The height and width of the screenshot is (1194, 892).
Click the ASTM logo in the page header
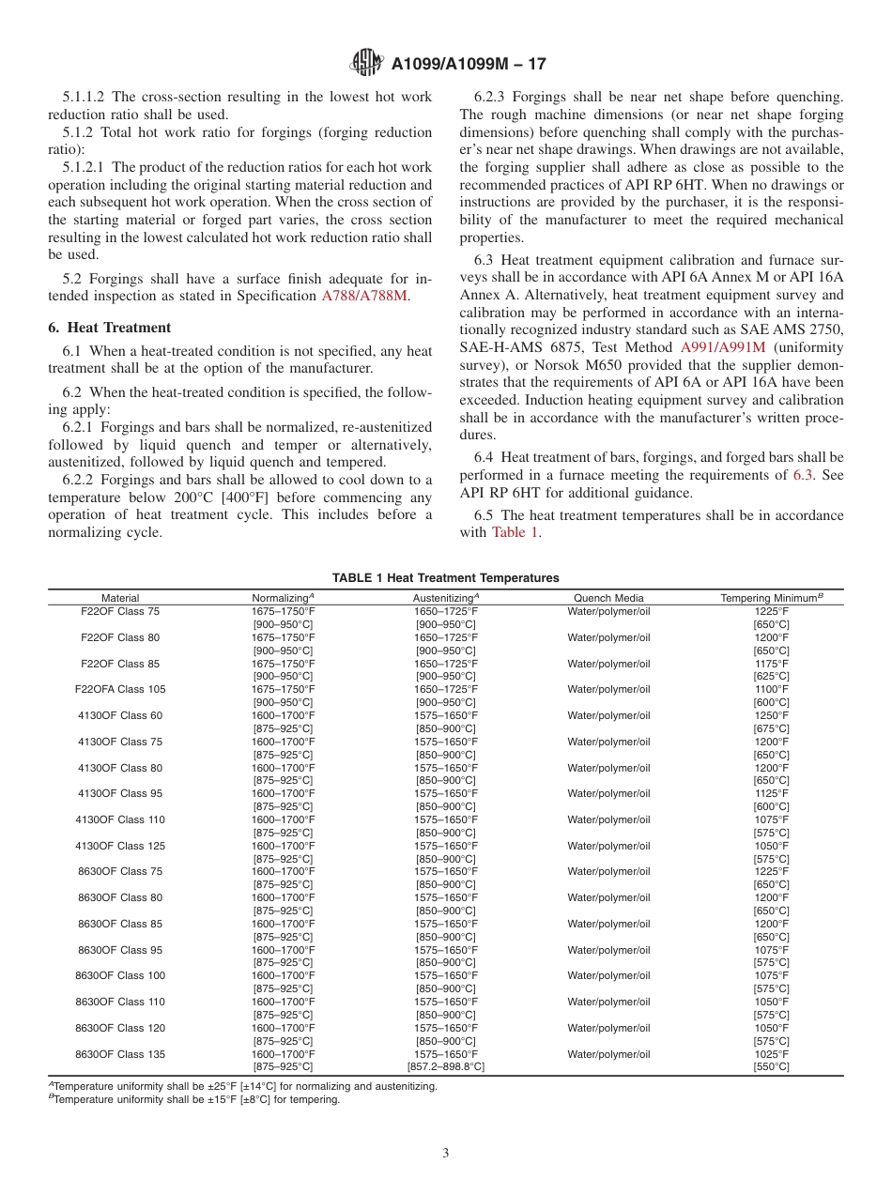(364, 64)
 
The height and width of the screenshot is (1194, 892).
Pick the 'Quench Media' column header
(608, 598)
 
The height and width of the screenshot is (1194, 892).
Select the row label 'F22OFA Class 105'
(120, 689)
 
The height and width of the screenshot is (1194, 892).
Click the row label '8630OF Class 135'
(120, 1054)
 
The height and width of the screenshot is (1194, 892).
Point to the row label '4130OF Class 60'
(120, 715)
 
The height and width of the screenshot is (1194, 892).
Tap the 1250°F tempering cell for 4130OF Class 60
(771, 715)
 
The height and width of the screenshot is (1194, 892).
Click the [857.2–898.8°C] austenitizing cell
(445, 1067)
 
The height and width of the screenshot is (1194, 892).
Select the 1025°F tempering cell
(771, 1054)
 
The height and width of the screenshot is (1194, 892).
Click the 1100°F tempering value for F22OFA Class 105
(771, 689)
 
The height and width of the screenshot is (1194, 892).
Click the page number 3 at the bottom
(446, 1154)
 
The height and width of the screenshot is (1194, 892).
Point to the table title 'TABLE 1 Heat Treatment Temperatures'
(445, 578)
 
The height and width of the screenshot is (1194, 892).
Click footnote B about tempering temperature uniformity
(196, 1100)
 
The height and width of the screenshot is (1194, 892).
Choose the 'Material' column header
(120, 598)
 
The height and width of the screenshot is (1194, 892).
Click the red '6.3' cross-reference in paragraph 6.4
(803, 475)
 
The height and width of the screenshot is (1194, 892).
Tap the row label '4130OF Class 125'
(120, 846)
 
